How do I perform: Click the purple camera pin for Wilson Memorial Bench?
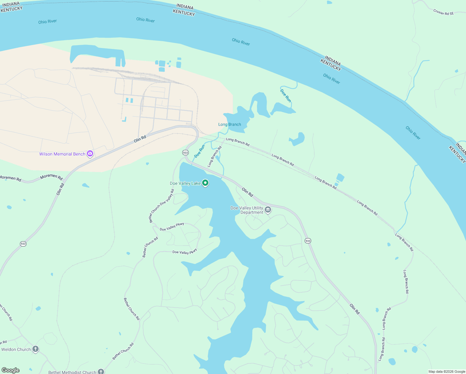[x=90, y=153]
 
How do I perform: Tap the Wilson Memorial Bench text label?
[x=62, y=154]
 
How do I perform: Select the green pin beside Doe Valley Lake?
[x=205, y=183]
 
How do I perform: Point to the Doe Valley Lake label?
[x=185, y=183]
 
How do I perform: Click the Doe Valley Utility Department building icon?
[x=268, y=209]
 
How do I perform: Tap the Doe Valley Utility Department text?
[x=247, y=210]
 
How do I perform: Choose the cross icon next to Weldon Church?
[x=36, y=349]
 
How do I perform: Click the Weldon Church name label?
[x=16, y=349]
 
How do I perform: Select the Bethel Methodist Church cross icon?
[x=101, y=371]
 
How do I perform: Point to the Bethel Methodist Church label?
[x=72, y=372]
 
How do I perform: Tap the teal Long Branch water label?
[x=230, y=124]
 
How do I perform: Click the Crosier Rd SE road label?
[x=443, y=12]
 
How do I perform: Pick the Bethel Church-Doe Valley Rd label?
[x=162, y=206]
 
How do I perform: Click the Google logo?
[x=11, y=370]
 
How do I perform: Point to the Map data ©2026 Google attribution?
[x=447, y=372]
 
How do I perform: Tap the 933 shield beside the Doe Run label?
[x=185, y=152]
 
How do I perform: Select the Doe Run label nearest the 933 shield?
[x=199, y=151]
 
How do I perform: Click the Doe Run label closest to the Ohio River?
[x=286, y=96]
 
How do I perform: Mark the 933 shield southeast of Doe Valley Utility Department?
[x=308, y=241]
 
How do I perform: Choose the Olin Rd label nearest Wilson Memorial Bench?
[x=140, y=139]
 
